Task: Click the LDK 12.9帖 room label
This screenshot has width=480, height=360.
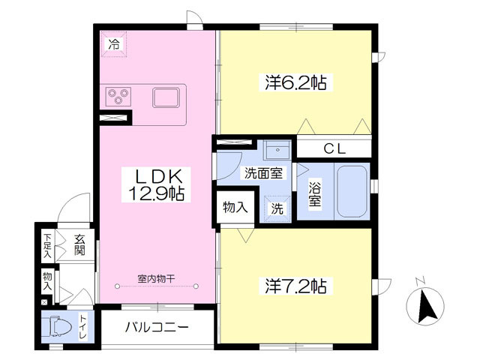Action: (x=156, y=184)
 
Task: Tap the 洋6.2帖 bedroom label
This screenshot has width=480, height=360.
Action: (x=295, y=82)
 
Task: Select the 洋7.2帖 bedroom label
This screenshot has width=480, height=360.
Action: (x=295, y=286)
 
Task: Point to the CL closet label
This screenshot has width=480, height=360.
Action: (x=334, y=148)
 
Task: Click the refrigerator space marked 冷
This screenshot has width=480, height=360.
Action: (x=114, y=44)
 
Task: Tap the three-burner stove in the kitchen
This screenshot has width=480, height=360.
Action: (x=118, y=97)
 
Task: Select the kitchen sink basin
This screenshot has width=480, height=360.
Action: (x=166, y=97)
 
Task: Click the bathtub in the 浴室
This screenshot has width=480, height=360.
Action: (x=352, y=191)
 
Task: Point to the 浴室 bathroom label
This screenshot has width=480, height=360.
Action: (x=314, y=194)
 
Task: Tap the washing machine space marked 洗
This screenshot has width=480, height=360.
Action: (x=277, y=208)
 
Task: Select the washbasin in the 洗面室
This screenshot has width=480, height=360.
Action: (x=277, y=150)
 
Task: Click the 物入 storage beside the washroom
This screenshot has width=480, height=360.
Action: (x=235, y=207)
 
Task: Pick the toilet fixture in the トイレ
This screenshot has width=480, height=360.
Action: (x=59, y=327)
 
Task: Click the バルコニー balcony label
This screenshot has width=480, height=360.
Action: (x=157, y=328)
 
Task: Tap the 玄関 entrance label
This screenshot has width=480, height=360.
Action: (x=79, y=244)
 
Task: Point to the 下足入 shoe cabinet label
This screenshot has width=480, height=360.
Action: (x=47, y=245)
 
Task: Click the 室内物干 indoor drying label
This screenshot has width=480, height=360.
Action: (x=157, y=279)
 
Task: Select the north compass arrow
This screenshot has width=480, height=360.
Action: (x=427, y=306)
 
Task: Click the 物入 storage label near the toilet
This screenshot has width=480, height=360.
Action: (x=47, y=281)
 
